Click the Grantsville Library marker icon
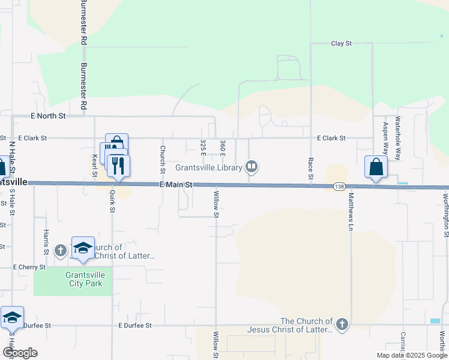click(x=252, y=167)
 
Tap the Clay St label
click(x=341, y=44)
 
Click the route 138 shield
click(x=340, y=187)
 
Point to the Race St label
click(x=310, y=169)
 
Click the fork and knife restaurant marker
click(x=118, y=165)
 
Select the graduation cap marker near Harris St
click(x=83, y=247)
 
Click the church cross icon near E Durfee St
click(x=342, y=325)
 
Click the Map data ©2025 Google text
click(x=412, y=355)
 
